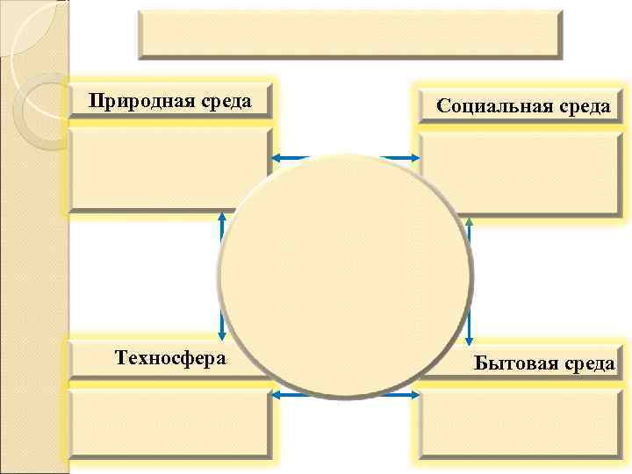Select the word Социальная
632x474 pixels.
tap(493, 107)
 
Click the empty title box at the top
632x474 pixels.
tap(348, 33)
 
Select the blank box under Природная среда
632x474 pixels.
tap(167, 169)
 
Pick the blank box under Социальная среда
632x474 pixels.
tap(521, 172)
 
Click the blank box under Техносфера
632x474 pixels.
tap(169, 424)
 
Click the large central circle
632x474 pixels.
tap(346, 272)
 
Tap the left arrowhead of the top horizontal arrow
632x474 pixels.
tap(275, 158)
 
